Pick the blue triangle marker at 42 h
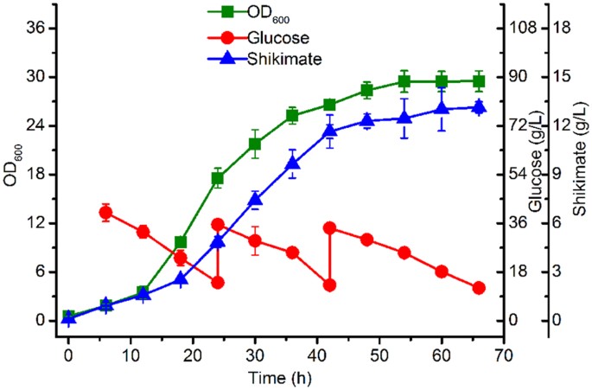[329, 131]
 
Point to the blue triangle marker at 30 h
[255, 201]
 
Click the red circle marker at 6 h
[105, 212]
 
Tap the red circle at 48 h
[367, 239]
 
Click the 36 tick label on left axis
[34, 28]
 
